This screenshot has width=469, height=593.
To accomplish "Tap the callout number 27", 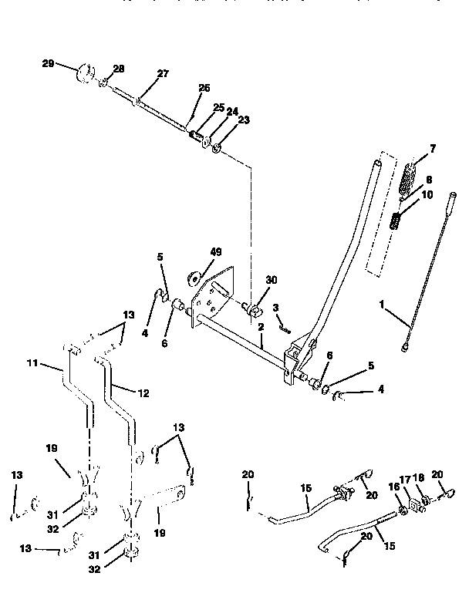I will (x=162, y=74).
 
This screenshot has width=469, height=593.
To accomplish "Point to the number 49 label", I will (x=216, y=251).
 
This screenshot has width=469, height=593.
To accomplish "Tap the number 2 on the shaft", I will (x=262, y=327).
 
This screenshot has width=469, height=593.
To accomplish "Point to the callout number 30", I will (x=270, y=280).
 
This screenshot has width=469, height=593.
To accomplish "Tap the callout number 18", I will (x=420, y=479).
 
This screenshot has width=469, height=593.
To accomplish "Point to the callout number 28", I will (x=118, y=69).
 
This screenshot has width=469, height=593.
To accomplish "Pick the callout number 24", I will (x=232, y=111).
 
